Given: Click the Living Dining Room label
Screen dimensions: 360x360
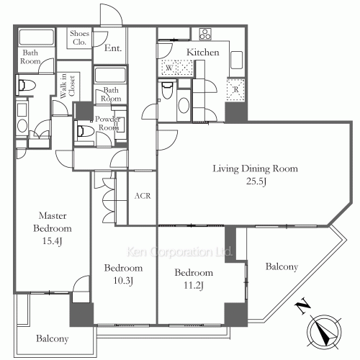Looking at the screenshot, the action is [x=256, y=168].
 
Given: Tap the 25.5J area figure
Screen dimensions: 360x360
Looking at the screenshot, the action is [x=256, y=181].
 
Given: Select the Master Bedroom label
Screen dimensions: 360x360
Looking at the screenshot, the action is [x=53, y=222].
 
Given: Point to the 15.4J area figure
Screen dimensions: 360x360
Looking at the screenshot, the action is [x=53, y=241].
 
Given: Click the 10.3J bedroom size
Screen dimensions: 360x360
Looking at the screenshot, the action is [x=123, y=281].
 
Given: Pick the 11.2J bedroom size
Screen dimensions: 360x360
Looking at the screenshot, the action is [x=194, y=285].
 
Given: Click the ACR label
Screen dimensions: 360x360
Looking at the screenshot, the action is [x=143, y=196].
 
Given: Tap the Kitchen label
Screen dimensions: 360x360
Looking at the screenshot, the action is [x=203, y=52].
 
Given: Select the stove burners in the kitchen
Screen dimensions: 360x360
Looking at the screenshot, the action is [x=205, y=34].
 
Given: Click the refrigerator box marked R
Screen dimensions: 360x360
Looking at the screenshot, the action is [x=236, y=89].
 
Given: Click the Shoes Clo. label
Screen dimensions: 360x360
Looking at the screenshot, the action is [x=79, y=37].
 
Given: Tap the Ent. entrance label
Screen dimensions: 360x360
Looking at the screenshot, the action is [x=113, y=48].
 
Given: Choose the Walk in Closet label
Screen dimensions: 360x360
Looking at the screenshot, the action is [x=68, y=86].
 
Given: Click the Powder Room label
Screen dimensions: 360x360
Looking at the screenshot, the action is [x=108, y=123].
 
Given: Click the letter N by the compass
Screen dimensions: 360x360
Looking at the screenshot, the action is [x=302, y=306].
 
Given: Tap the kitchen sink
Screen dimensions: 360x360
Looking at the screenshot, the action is [x=237, y=60].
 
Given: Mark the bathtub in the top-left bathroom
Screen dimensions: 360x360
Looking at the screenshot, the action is [x=36, y=37].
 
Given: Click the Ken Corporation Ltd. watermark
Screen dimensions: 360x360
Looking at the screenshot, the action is [x=179, y=251].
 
